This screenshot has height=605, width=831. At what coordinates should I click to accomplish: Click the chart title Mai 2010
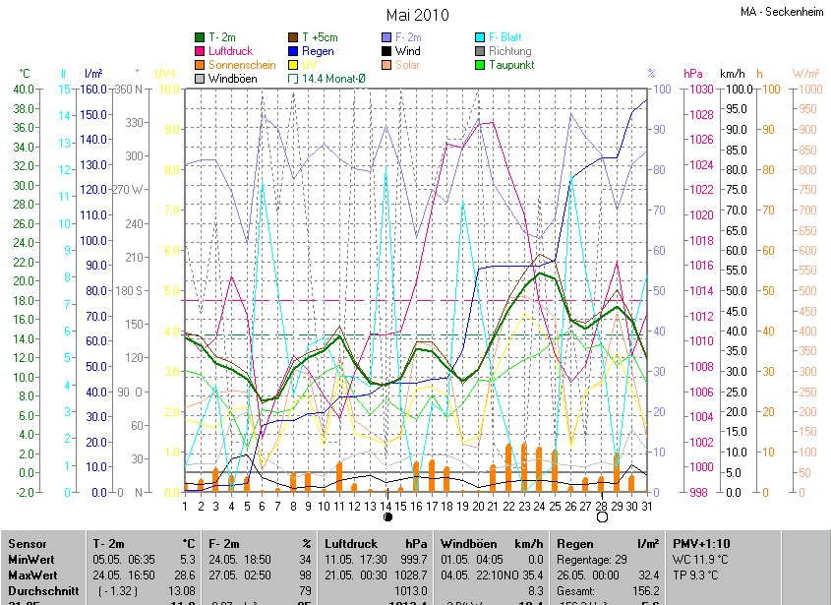(x=417, y=15)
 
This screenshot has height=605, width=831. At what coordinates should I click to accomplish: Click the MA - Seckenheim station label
(x=782, y=12)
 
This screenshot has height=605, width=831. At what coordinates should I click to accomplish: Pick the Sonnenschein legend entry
(x=241, y=64)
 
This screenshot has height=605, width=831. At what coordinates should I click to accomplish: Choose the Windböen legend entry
(x=232, y=78)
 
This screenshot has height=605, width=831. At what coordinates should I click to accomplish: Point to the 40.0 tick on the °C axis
(x=23, y=89)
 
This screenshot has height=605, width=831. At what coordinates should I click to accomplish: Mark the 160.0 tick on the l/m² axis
(x=93, y=89)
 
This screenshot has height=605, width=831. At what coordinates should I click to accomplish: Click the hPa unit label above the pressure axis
(x=692, y=74)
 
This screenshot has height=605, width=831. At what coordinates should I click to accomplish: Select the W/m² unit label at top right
(x=805, y=74)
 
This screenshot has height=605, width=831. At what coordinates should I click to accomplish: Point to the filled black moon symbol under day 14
(x=387, y=515)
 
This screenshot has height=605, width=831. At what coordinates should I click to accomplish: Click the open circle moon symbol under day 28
(x=601, y=515)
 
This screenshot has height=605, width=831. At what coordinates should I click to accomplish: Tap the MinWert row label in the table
(x=30, y=559)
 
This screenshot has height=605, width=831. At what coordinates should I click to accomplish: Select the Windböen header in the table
(x=467, y=543)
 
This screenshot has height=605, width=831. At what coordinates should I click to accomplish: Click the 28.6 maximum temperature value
(x=187, y=575)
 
